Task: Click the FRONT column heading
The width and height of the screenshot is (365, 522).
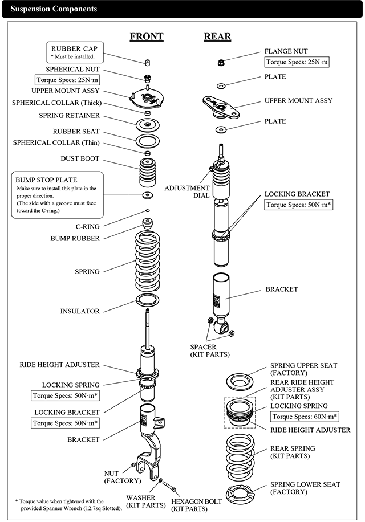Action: (x=147, y=36)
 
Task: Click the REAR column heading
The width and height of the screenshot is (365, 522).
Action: (x=217, y=36)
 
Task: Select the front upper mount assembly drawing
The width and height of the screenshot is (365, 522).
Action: (x=147, y=99)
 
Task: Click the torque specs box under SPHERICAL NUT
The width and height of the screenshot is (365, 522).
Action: (x=67, y=80)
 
